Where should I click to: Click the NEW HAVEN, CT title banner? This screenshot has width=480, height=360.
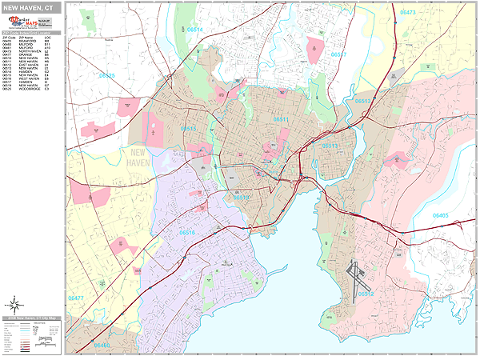32,8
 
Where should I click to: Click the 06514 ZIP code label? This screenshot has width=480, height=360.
194,30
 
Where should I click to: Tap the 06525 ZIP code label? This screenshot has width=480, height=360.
106,76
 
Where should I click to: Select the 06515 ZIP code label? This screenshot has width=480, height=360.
189,128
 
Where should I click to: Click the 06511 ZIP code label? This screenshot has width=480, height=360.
280,119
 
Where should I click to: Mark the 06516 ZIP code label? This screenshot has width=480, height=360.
187,232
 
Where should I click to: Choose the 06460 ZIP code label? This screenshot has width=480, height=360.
102,345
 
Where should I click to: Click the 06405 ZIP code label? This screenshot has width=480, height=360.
441,215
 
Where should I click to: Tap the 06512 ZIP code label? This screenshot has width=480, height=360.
366,294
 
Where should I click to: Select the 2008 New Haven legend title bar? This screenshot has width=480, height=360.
32,318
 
